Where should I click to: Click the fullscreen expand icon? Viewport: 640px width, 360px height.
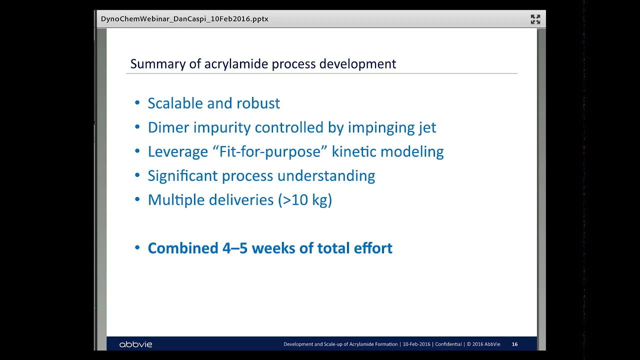(x=535, y=19)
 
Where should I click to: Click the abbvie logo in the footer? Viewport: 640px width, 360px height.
(x=135, y=344)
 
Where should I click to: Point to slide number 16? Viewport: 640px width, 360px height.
(x=515, y=344)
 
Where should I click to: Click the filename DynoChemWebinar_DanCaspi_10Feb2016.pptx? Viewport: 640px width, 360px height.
(x=184, y=19)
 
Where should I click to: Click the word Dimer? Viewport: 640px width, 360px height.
(x=168, y=127)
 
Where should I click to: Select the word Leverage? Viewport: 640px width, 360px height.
(x=177, y=151)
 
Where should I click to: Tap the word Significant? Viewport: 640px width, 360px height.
(x=182, y=175)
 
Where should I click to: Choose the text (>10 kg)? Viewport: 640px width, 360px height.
(x=305, y=200)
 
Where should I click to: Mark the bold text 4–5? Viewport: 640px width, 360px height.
(x=235, y=248)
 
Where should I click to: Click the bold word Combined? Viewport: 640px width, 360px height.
(x=183, y=248)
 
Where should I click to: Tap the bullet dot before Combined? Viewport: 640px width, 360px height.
(x=137, y=248)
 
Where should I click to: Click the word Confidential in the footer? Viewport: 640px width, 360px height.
(x=448, y=344)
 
